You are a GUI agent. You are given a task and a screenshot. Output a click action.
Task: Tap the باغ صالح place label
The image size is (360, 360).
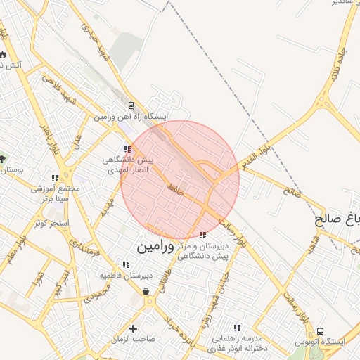[337, 220]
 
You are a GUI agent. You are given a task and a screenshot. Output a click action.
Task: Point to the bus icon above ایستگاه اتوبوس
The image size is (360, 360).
[321, 331]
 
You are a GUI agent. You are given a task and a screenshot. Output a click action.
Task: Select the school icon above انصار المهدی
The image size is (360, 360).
[127, 149]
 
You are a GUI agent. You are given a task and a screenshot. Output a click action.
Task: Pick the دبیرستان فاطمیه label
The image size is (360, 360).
[126, 275]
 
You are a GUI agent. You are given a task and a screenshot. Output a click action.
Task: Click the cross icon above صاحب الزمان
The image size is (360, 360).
[133, 328]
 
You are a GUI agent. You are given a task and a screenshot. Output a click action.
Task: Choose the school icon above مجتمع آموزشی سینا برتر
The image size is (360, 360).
[56, 179]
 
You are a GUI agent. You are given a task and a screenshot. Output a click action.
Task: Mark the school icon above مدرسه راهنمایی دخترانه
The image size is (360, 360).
[237, 328]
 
